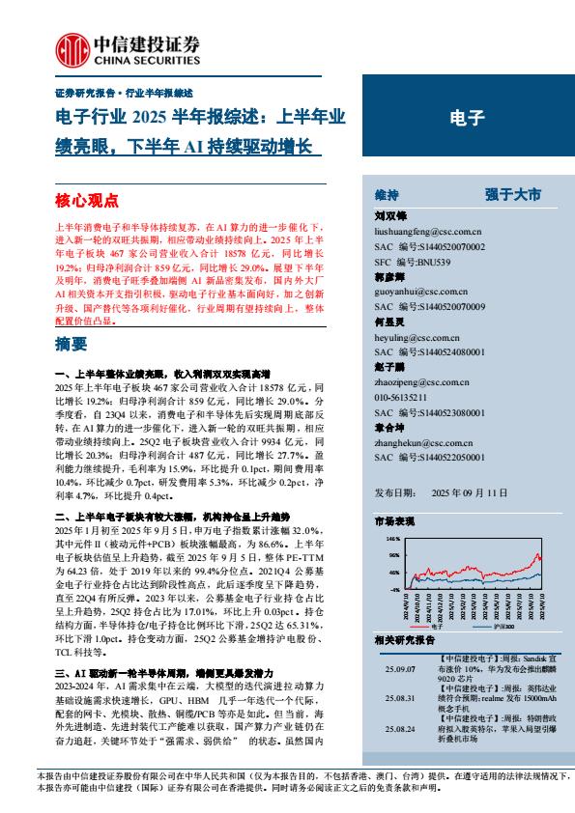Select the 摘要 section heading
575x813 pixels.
tap(72, 343)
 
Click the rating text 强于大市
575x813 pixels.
tap(513, 194)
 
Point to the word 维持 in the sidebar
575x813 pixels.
tap(387, 194)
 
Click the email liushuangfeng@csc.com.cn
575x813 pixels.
tap(427, 232)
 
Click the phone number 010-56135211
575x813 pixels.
tap(409, 396)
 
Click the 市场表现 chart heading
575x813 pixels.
tap(393, 520)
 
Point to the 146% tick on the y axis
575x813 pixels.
tap(392, 538)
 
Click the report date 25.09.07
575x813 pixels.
tap(398, 666)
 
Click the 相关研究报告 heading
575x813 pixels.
tap(404, 640)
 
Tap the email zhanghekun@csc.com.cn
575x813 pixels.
tap(420, 441)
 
